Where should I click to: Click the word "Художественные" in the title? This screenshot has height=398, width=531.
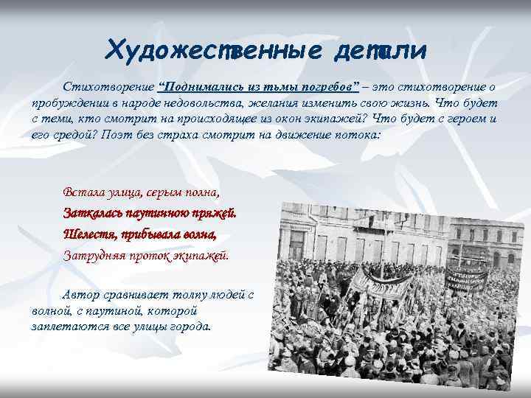pyautogui.click(x=203, y=50)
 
